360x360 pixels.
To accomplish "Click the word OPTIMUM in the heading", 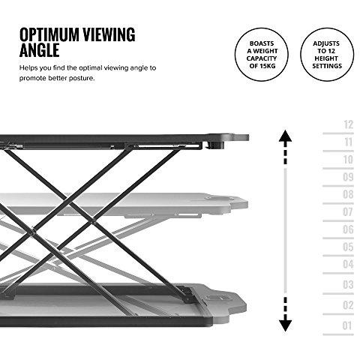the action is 49,34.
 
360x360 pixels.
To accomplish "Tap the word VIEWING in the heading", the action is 109,34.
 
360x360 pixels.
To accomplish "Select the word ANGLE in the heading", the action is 40,50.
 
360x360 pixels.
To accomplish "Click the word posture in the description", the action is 82,78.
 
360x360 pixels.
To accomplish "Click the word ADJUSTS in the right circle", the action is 326,43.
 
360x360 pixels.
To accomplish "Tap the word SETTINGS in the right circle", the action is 327,66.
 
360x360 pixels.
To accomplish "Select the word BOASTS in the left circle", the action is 262,43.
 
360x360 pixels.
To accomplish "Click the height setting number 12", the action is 348,124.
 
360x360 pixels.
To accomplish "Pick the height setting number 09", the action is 348,177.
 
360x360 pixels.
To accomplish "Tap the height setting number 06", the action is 348,229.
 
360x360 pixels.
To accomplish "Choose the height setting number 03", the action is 348,284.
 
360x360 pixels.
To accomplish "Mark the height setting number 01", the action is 347,325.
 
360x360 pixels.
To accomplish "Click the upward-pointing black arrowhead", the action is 285,136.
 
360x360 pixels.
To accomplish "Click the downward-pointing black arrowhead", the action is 285,325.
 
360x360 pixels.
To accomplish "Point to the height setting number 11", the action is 348,142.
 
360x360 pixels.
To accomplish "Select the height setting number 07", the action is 348,212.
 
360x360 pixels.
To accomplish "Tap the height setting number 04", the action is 348,264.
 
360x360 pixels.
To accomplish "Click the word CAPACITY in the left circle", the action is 262,58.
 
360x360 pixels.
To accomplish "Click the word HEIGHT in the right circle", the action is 326,58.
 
